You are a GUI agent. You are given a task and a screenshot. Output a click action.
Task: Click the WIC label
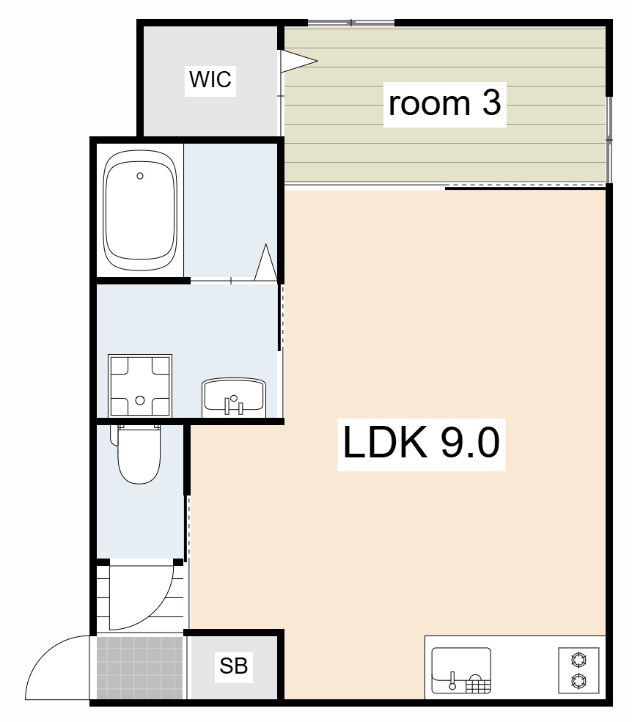pos(210,79)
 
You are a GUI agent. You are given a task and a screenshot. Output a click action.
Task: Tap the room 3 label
pos(444,104)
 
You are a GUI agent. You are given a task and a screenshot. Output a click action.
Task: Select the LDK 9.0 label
pos(421,443)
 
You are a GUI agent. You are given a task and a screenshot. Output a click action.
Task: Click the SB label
pos(234,666)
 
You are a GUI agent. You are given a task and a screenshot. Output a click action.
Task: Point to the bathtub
pos(140,211)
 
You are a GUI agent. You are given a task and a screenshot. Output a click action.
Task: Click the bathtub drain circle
pos(140,176)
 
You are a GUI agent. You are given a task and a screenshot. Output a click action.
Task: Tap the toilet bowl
pos(139,455)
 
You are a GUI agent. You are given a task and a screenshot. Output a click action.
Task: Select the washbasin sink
pos(234,397)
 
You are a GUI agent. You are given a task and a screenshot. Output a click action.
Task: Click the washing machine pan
pos(140,386)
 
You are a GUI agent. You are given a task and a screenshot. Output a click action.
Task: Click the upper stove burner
pos(578,660)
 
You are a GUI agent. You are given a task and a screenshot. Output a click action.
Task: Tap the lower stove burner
pos(578,680)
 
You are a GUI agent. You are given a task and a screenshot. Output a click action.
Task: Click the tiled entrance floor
pos(139,668)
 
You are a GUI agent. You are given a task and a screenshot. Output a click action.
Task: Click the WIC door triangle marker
pos(298,61)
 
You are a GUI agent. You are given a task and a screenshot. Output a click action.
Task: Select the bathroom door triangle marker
pos(266,262)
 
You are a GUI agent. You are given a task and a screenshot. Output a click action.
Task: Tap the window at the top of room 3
pos(351,23)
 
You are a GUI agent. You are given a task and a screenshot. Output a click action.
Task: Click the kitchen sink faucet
pos(452,680)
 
